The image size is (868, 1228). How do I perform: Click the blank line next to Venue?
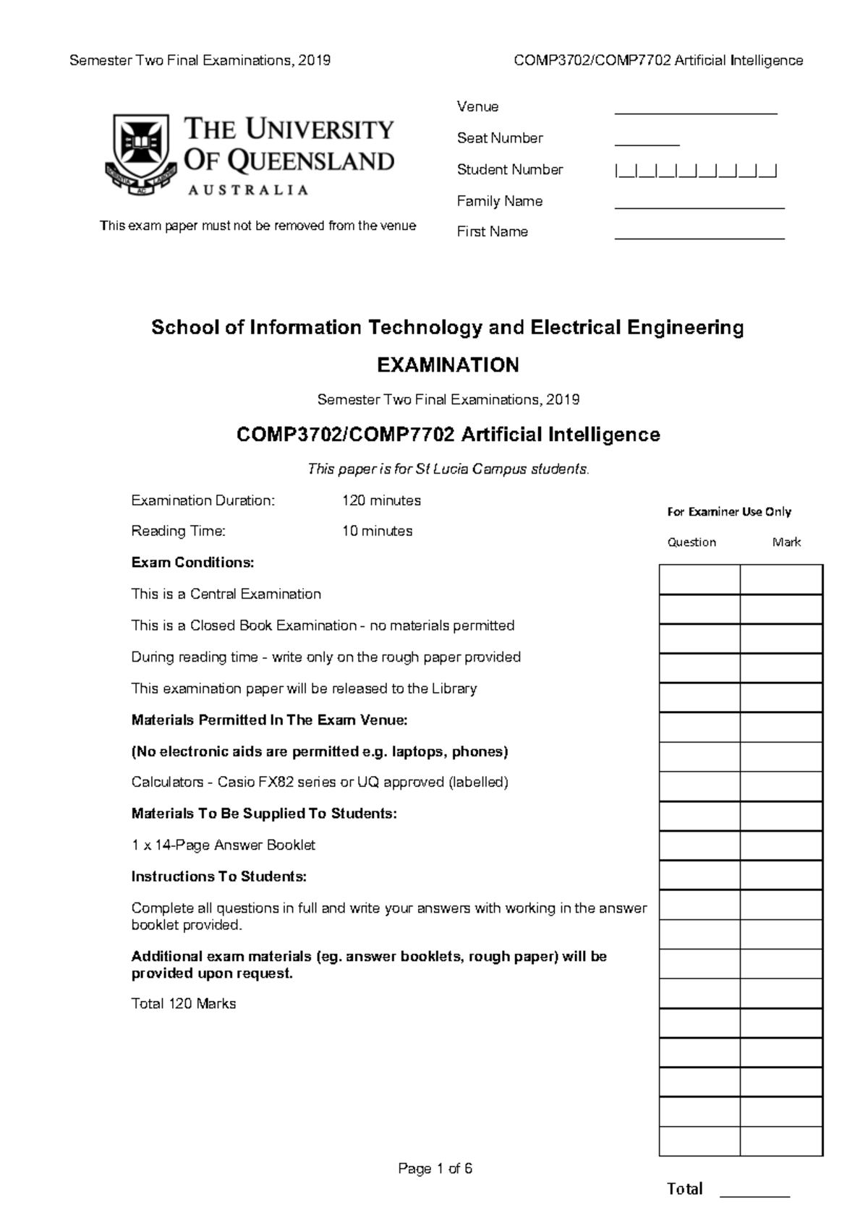tap(695, 113)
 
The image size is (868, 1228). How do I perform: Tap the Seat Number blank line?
tap(647, 144)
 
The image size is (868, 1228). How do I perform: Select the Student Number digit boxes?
tap(695, 172)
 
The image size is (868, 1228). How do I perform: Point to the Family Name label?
tap(499, 201)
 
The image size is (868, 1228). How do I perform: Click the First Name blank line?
tap(699, 237)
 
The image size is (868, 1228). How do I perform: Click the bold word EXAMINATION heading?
tap(448, 365)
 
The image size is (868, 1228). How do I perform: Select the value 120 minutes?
tap(381, 500)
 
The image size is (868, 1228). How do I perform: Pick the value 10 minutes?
tap(377, 531)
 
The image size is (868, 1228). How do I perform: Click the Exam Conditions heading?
tap(192, 563)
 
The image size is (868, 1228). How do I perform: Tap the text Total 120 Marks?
tap(184, 1004)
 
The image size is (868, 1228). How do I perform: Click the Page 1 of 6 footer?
tap(435, 1169)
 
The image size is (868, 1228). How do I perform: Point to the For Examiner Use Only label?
tap(728, 512)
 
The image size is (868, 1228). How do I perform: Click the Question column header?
tap(692, 542)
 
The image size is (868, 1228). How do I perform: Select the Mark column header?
tap(786, 542)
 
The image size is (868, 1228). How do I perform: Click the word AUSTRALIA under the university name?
tap(248, 190)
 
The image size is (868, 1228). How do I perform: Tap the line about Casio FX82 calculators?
tap(320, 783)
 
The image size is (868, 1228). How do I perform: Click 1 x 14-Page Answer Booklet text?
tap(223, 845)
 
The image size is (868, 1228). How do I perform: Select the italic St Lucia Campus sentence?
tap(448, 469)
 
